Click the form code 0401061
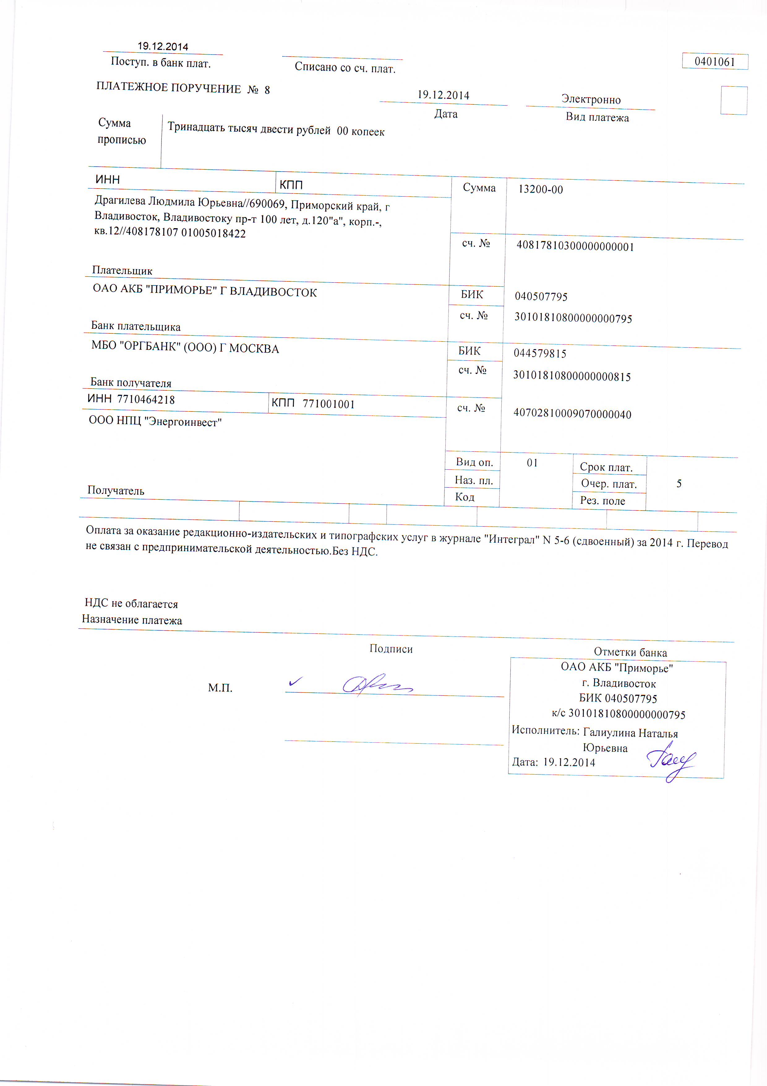[x=714, y=62]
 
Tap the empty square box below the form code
[x=734, y=100]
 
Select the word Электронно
[x=591, y=99]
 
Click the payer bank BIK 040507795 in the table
[x=541, y=297]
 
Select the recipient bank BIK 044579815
[x=540, y=353]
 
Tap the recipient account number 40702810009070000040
[x=572, y=414]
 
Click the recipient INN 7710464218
[x=146, y=400]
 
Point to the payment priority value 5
[x=679, y=483]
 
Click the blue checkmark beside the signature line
[x=295, y=682]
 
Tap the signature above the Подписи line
[x=376, y=684]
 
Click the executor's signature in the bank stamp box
[x=671, y=762]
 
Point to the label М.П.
[x=220, y=688]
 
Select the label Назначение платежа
[x=132, y=620]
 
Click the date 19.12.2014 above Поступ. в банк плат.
[x=163, y=46]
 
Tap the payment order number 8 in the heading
[x=267, y=90]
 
